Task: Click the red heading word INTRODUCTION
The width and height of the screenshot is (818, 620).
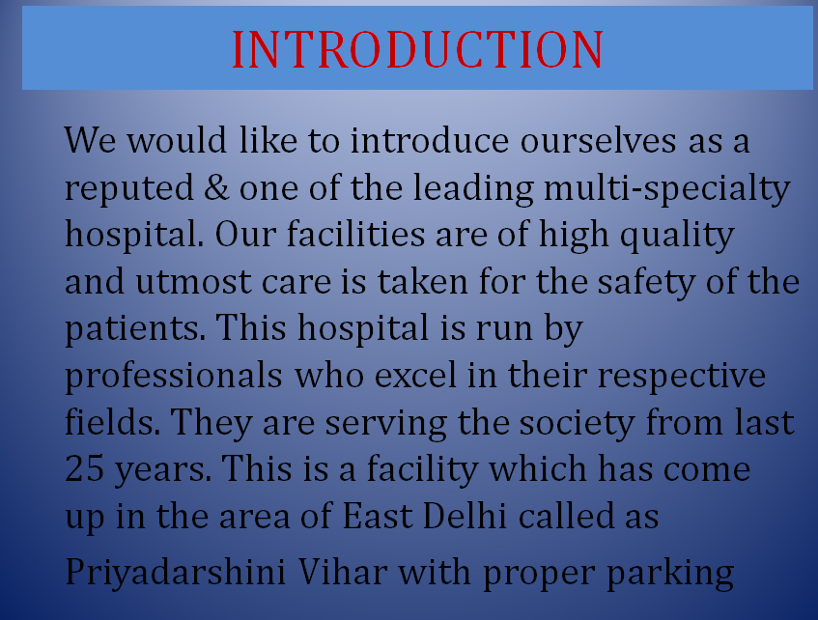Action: tap(417, 49)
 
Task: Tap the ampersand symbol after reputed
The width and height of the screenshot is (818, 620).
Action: tap(216, 187)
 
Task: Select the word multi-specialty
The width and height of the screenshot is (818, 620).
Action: tap(667, 189)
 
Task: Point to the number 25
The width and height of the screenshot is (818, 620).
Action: tap(85, 468)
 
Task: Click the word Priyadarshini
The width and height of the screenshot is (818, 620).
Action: tap(176, 573)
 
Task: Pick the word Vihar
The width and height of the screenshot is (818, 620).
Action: tap(343, 571)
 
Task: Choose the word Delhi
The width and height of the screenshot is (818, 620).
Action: tap(465, 515)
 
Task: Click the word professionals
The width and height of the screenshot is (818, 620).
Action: tap(174, 376)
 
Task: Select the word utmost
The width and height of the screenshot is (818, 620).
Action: tap(193, 282)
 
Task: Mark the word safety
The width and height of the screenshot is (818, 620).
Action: tap(646, 282)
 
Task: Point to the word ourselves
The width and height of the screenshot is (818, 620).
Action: tap(599, 140)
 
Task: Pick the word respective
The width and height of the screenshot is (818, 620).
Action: tap(681, 377)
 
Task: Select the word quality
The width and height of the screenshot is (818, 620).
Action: tap(677, 236)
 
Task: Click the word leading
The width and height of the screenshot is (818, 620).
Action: tap(473, 189)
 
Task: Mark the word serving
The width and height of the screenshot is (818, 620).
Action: tap(386, 424)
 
